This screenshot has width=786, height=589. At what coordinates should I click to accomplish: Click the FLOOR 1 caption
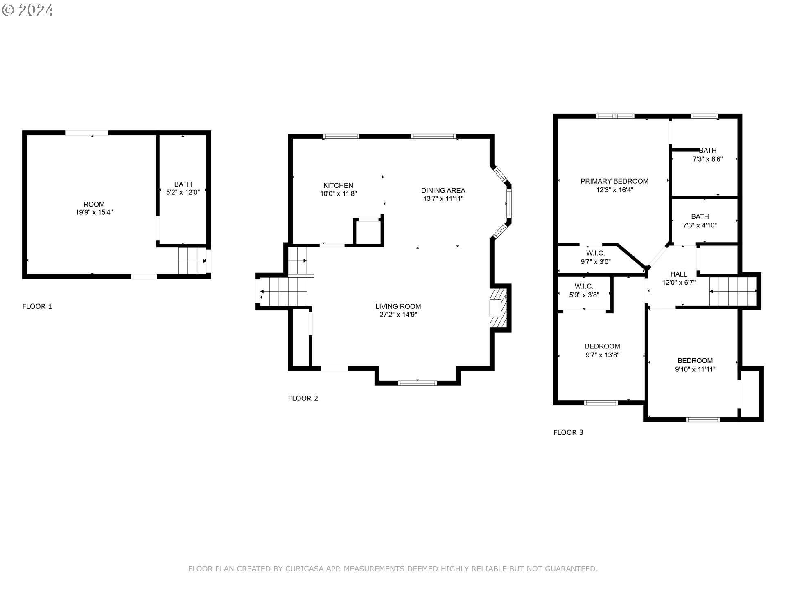click(37, 306)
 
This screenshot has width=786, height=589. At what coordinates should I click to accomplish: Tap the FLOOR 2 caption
click(303, 398)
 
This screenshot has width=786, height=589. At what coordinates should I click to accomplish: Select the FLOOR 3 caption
click(568, 432)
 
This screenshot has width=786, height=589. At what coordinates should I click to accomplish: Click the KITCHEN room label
click(338, 185)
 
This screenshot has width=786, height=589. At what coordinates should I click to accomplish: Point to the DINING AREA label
click(443, 190)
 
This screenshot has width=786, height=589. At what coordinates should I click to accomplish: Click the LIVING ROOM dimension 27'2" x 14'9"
click(398, 315)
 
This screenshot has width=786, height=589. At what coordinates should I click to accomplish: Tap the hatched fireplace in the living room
click(499, 308)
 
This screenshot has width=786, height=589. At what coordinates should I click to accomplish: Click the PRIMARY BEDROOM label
click(614, 181)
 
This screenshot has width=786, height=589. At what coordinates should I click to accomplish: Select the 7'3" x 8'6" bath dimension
click(707, 159)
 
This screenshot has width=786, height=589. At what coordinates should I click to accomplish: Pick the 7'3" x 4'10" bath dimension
click(700, 225)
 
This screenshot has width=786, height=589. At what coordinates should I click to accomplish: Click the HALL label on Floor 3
click(678, 274)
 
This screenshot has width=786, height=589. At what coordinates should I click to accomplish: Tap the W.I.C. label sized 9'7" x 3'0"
click(595, 254)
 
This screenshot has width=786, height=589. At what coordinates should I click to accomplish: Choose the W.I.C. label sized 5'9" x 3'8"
click(584, 286)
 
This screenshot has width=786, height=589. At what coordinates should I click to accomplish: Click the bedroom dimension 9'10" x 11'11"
click(695, 369)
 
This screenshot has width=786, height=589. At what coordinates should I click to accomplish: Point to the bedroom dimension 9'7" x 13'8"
click(602, 355)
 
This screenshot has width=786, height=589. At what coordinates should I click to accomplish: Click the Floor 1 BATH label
click(183, 184)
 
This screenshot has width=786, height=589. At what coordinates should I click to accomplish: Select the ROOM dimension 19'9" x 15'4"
click(94, 212)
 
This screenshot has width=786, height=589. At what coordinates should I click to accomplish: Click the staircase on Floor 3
click(732, 291)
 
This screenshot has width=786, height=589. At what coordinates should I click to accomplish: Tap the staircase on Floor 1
click(192, 261)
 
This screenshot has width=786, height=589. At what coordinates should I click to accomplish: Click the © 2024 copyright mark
click(27, 10)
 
